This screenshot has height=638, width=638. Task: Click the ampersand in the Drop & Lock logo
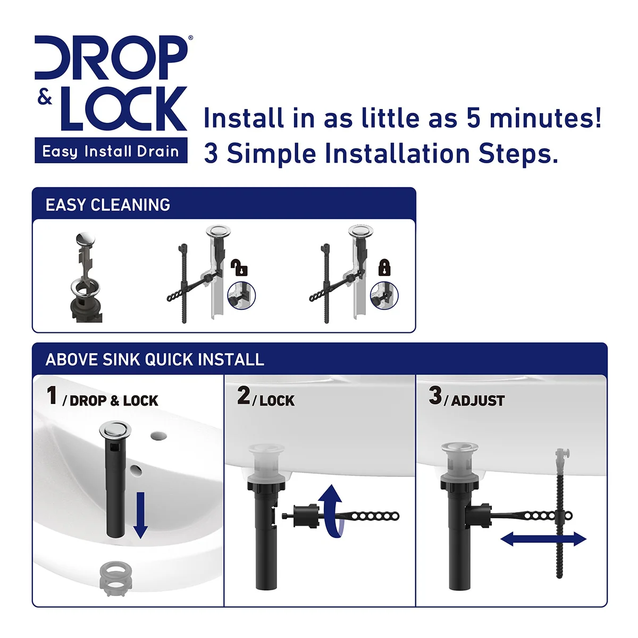point(45,97)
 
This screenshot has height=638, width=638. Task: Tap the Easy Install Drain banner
point(111,150)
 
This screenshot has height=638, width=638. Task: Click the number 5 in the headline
point(474,117)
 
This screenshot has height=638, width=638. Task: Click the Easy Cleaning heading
point(108,205)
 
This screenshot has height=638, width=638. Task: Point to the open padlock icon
point(239,267)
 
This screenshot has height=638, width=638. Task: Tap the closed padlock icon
point(384,267)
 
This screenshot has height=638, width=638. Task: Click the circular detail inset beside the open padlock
point(241,295)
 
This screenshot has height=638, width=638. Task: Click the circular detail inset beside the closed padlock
point(384,295)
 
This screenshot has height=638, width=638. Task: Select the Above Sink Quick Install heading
point(155,359)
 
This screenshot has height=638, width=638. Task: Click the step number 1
point(52,395)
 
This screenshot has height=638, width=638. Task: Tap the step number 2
point(244,395)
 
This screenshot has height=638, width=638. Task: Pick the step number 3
point(435,395)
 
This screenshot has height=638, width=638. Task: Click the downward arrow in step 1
point(141,515)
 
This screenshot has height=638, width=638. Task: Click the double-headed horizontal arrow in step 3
point(543,539)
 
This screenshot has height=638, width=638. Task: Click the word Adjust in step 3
point(478,401)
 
